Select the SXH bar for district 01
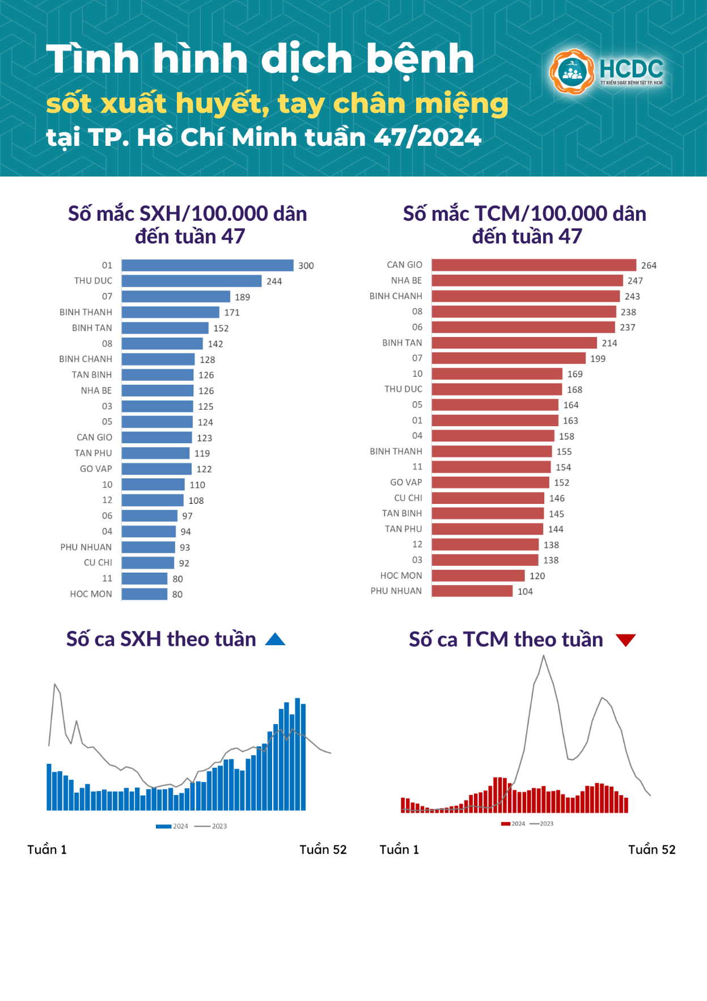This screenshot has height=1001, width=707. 208,266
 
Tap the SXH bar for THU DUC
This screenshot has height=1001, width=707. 192,281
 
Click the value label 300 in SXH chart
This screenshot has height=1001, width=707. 306,266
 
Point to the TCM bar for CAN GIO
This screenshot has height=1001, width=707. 534,265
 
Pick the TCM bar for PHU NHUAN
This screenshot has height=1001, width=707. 472,591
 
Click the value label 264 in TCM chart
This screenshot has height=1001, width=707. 649,266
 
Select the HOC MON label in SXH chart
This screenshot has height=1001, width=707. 91,594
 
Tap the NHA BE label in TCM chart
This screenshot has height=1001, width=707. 406,281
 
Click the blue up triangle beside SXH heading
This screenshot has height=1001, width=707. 275,640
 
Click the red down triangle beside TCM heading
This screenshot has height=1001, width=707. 625,640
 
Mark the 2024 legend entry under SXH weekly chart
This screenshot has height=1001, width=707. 172,826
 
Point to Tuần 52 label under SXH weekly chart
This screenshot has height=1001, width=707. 323,849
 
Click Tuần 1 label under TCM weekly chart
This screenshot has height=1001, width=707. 399,849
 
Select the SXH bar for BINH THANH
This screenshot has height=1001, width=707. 170,312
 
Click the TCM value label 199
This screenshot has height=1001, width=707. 598,359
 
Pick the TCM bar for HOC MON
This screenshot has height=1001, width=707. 478,575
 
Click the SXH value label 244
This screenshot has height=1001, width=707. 274,281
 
